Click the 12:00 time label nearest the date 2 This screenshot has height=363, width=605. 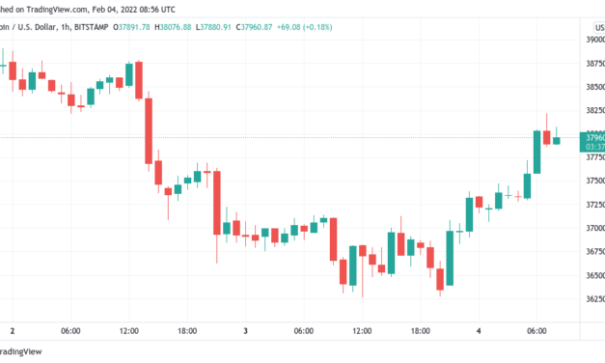(x=128, y=331)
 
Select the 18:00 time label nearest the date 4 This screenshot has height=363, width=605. (x=421, y=331)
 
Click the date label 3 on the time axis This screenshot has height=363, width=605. (x=246, y=331)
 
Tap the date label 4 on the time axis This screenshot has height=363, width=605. (x=480, y=331)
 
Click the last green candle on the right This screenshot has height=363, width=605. (x=556, y=140)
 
